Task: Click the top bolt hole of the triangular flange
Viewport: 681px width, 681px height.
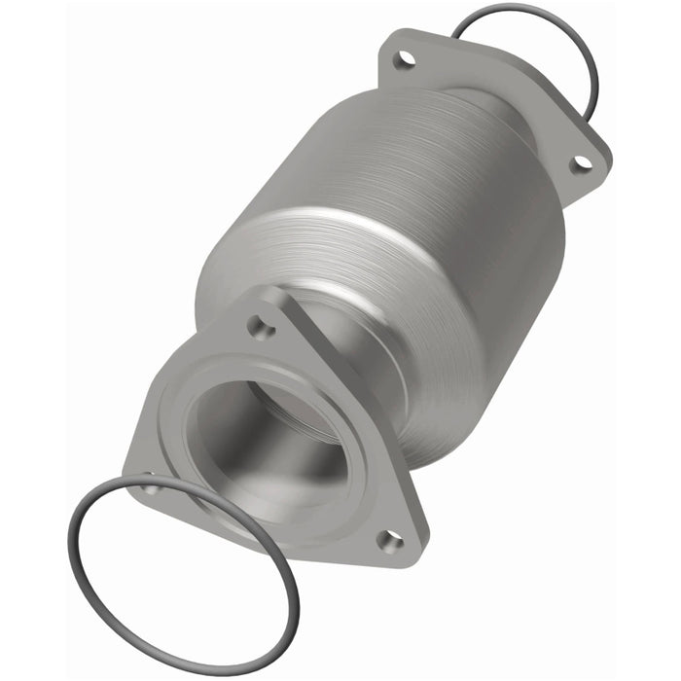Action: click(x=261, y=329)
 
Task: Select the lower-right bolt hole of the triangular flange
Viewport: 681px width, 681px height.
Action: click(x=390, y=539)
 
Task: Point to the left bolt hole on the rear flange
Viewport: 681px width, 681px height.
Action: click(x=406, y=59)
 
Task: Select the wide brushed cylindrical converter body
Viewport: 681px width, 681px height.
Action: click(x=389, y=224)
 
